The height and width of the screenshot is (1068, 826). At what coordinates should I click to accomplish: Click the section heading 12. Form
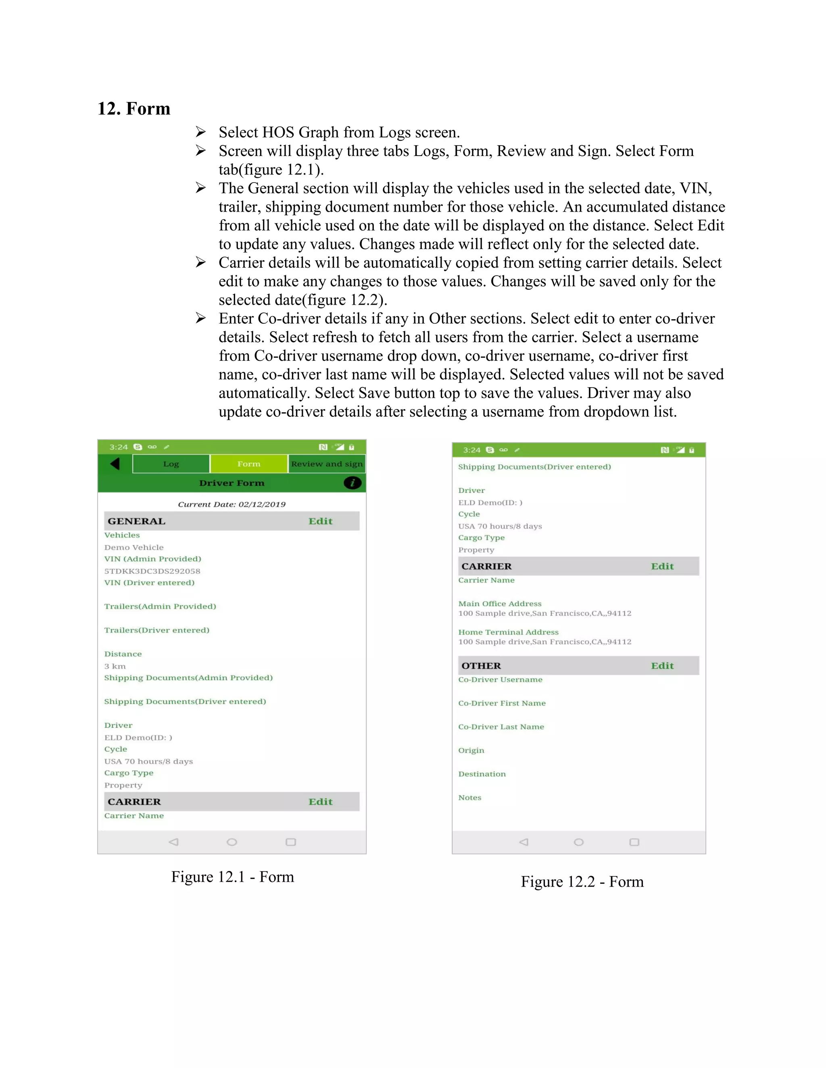click(x=133, y=108)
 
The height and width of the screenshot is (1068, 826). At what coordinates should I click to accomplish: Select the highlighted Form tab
click(x=248, y=463)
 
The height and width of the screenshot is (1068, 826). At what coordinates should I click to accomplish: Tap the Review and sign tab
click(x=326, y=463)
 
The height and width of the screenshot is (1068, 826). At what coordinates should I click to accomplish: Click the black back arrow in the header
click(x=115, y=463)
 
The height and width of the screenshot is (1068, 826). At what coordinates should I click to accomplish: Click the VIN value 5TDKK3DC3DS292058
click(x=152, y=571)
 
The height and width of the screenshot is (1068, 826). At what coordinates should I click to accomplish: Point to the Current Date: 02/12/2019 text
click(x=232, y=504)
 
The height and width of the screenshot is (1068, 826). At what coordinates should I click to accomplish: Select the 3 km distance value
click(x=115, y=666)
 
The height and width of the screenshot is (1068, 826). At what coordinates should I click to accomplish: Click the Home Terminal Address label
click(x=508, y=632)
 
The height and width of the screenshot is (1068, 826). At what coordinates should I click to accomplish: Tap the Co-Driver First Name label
click(x=502, y=703)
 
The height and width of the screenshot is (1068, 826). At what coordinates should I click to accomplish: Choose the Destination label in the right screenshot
click(x=482, y=774)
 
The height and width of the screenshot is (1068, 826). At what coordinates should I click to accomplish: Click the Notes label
click(x=470, y=798)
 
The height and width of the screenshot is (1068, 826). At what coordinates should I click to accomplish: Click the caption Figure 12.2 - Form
click(x=582, y=882)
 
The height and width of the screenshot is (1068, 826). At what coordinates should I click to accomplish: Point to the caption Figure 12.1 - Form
click(x=232, y=877)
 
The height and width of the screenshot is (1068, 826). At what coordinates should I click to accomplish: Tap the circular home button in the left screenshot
click(x=232, y=842)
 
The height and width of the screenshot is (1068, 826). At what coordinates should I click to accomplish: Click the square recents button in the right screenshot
click(x=634, y=842)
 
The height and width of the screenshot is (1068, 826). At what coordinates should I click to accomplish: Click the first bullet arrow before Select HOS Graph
click(x=200, y=132)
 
